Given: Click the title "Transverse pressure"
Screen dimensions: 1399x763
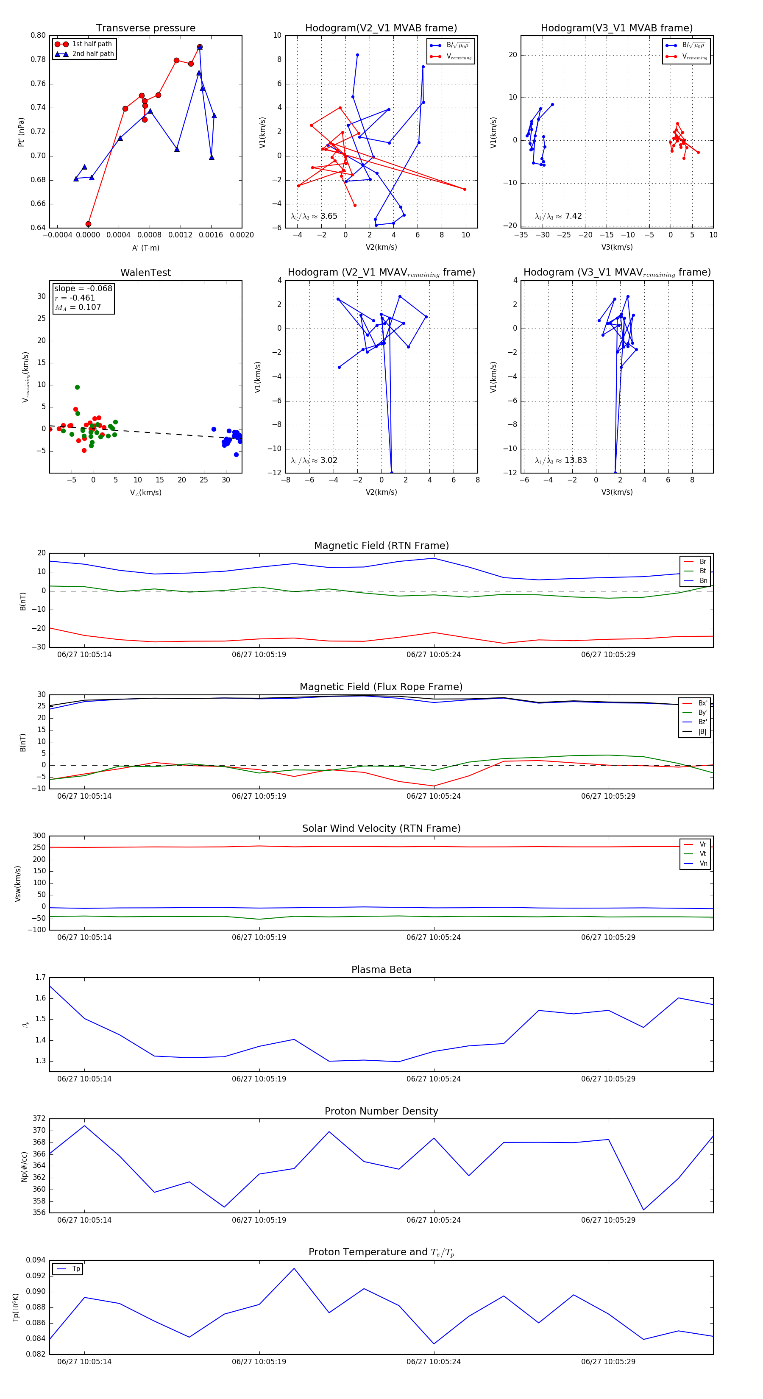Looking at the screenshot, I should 145,28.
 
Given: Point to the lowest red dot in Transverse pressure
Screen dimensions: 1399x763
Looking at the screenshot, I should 89,224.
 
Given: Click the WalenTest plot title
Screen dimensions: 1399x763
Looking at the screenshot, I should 145,273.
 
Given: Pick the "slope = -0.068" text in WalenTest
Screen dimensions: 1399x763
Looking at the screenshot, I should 83,288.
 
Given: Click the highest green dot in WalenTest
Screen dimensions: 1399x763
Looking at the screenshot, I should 77,387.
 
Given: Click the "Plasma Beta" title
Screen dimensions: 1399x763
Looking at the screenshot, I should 381,970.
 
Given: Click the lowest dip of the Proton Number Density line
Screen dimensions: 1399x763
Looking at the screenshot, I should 643,1210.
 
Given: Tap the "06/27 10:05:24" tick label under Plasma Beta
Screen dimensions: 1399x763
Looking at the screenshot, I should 433,1079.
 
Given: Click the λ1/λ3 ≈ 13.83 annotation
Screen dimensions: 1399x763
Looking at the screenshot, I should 561,460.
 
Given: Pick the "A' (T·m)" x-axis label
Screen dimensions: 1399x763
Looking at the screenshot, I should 145,248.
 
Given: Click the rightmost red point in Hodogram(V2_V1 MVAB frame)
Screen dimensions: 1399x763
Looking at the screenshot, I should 465,189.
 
